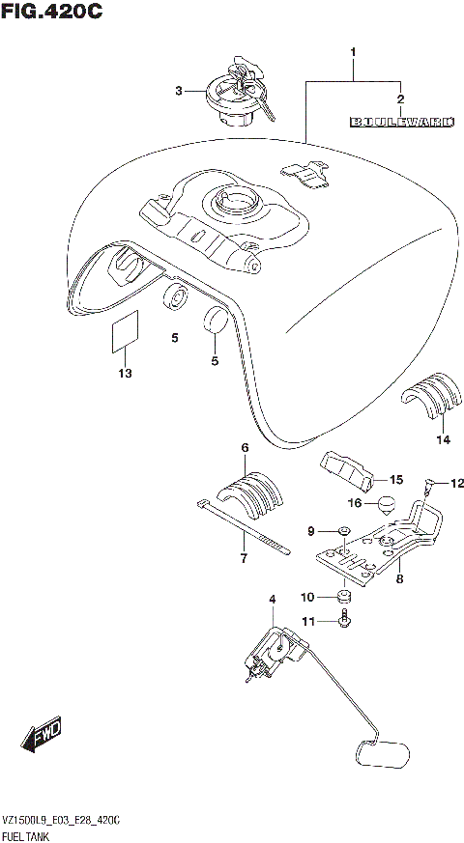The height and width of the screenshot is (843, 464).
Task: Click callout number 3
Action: (178, 92)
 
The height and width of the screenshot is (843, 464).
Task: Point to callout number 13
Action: (124, 373)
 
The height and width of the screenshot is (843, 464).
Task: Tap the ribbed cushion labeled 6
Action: (251, 492)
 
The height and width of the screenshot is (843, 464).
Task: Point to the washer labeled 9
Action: (344, 531)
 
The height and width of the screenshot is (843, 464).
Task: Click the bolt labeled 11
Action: (344, 624)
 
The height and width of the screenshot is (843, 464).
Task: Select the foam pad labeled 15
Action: (347, 472)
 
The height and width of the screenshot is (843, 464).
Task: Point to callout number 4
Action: (273, 600)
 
